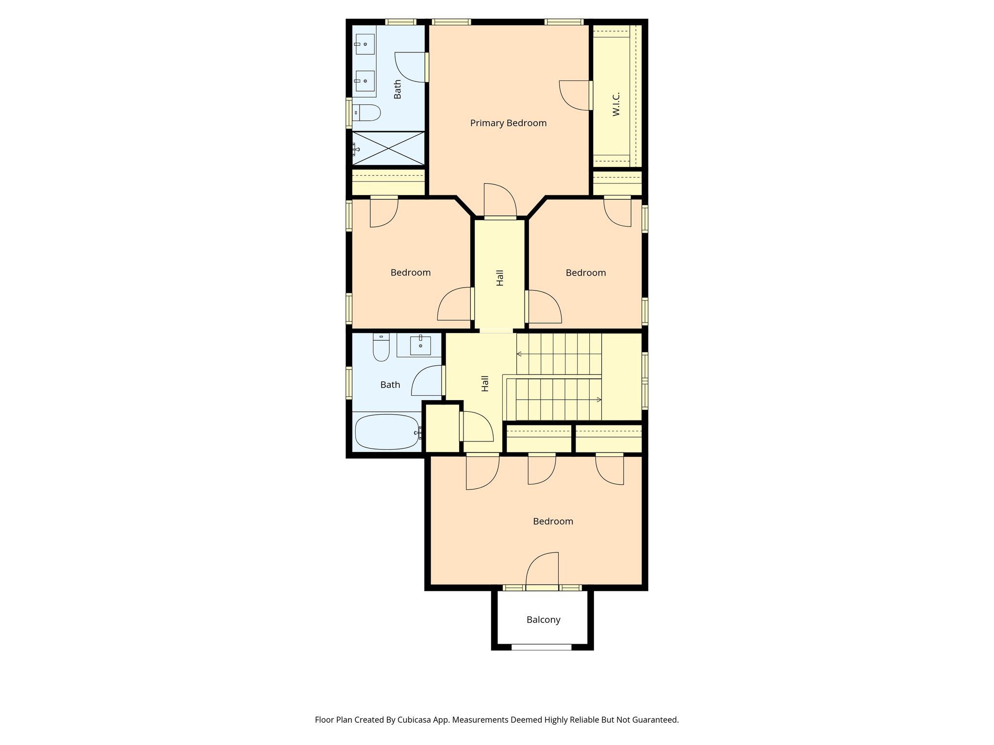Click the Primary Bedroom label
click(x=508, y=123)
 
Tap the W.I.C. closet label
click(x=616, y=104)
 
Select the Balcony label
click(x=543, y=620)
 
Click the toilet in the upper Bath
click(x=366, y=113)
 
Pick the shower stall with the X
click(x=388, y=148)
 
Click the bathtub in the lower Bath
click(x=387, y=432)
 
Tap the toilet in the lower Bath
click(x=381, y=348)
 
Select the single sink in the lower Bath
click(x=420, y=345)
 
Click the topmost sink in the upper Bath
click(x=364, y=44)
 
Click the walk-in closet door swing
click(x=575, y=95)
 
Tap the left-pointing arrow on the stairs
click(x=519, y=354)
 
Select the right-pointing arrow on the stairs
click(x=599, y=400)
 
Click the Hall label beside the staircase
click(x=485, y=383)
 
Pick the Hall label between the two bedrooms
click(x=500, y=277)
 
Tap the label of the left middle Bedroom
click(x=411, y=273)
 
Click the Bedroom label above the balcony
click(x=553, y=521)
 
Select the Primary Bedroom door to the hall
click(x=500, y=201)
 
